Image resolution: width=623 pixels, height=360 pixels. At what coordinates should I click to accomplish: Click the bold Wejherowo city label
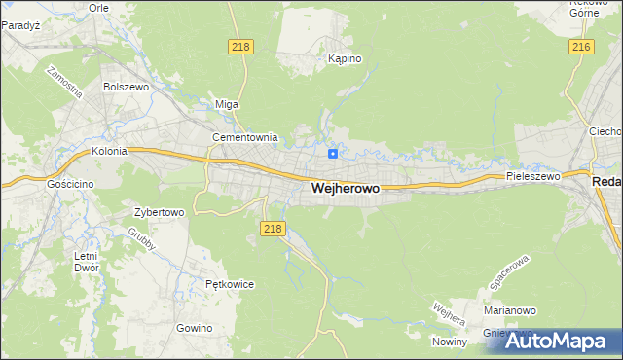pyautogui.click(x=346, y=189)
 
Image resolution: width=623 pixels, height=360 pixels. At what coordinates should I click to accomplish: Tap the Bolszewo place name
pyautogui.click(x=125, y=87)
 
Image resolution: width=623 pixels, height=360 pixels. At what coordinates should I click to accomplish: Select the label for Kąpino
pyautogui.click(x=345, y=59)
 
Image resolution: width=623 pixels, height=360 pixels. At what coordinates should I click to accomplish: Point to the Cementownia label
pyautogui.click(x=245, y=138)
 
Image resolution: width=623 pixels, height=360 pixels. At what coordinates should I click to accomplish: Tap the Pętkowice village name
pyautogui.click(x=230, y=285)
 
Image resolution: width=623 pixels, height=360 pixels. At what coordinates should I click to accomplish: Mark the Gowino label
pyautogui.click(x=195, y=328)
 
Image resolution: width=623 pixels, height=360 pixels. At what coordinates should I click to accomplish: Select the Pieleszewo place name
pyautogui.click(x=533, y=177)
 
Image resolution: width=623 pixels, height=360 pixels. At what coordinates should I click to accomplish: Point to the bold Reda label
pyautogui.click(x=606, y=182)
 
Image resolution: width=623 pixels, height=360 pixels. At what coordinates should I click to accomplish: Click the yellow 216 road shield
pyautogui.click(x=581, y=47)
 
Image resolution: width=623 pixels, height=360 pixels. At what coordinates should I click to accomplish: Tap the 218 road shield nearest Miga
pyautogui.click(x=241, y=47)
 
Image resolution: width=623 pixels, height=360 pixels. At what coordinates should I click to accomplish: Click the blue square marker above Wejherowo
pyautogui.click(x=333, y=154)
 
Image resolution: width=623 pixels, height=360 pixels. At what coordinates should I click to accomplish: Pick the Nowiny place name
pyautogui.click(x=451, y=341)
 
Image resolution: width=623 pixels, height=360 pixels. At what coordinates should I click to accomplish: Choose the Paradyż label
pyautogui.click(x=19, y=25)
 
